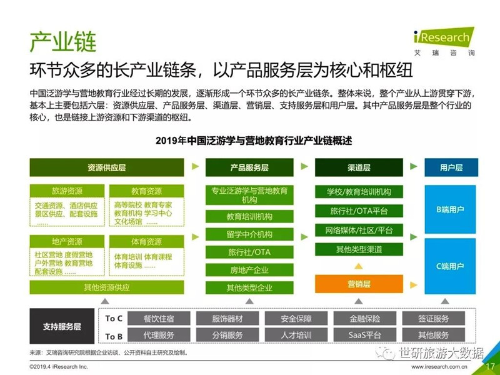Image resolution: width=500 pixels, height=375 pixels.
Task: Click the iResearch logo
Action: (444, 41)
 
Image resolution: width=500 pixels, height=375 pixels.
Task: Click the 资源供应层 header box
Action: (107, 167)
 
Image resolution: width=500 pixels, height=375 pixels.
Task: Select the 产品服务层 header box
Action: (249, 167)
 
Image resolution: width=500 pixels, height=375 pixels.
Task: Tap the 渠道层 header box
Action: (359, 167)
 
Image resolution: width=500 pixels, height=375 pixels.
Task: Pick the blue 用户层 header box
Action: (451, 167)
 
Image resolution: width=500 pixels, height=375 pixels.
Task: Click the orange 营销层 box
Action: (359, 284)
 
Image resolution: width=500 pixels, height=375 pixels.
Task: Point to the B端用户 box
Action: (450, 209)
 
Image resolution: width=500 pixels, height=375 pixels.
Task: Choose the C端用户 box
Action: (450, 266)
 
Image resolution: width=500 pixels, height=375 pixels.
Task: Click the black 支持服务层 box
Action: (62, 326)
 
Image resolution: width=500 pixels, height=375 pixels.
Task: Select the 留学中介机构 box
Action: (249, 234)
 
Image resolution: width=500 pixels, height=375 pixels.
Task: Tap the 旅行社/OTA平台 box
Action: (359, 211)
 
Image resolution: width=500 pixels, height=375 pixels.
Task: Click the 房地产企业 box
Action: (249, 270)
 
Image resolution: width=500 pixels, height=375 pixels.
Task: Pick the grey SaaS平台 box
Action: (365, 335)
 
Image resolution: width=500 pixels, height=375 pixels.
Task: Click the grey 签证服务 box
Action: (433, 318)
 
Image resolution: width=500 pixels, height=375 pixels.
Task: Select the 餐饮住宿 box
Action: (159, 318)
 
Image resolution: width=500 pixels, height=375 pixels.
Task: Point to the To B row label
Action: (114, 336)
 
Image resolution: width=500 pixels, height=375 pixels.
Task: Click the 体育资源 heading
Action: (147, 241)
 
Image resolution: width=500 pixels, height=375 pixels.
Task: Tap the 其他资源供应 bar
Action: (107, 287)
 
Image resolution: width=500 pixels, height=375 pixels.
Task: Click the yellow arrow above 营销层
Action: (358, 266)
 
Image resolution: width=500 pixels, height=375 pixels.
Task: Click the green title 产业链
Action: (63, 41)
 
